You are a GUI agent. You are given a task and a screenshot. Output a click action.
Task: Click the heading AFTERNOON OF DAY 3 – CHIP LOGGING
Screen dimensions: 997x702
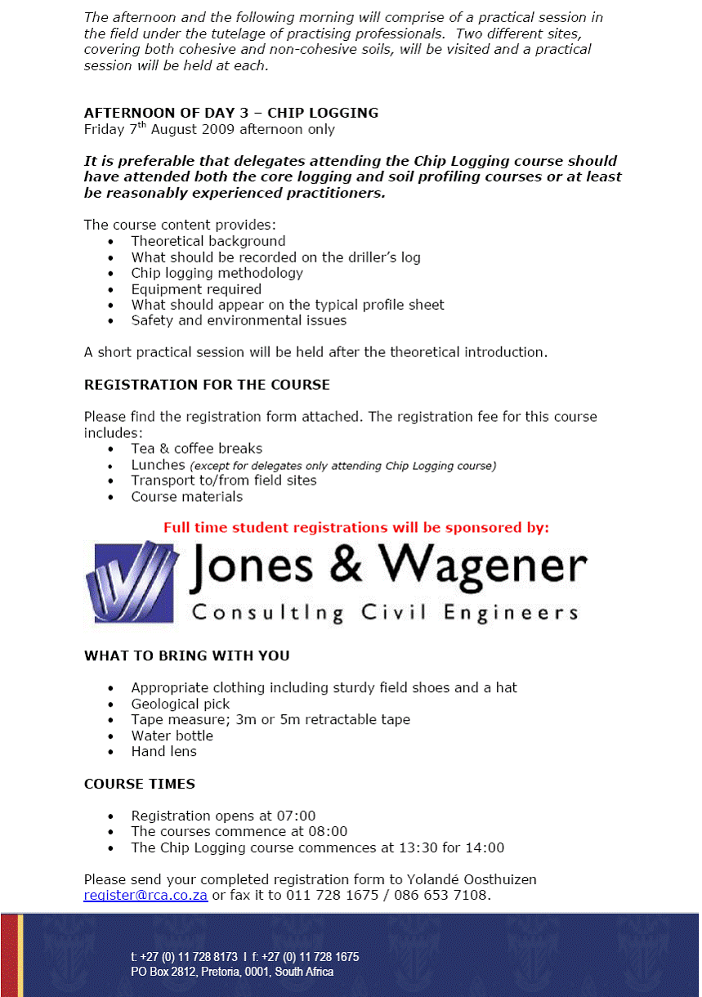pyautogui.click(x=231, y=113)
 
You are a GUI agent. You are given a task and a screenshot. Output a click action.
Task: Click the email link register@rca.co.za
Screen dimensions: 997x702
pyautogui.click(x=145, y=896)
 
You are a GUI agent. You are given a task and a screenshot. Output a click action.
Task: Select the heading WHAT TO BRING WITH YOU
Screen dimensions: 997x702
pyautogui.click(x=186, y=656)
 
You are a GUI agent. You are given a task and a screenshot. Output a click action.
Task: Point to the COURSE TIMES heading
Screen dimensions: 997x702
pyautogui.click(x=139, y=785)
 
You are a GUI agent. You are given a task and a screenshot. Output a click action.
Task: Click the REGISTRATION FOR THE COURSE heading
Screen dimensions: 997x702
pyautogui.click(x=207, y=385)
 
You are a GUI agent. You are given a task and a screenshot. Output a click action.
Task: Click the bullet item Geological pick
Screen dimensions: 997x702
pyautogui.click(x=181, y=704)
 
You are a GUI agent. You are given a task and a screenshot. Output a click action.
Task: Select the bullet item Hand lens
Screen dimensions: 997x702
pyautogui.click(x=163, y=752)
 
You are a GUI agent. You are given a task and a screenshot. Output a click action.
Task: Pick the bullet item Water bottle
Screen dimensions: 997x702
pyautogui.click(x=172, y=736)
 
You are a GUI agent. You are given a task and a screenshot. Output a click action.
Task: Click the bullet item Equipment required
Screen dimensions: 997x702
pyautogui.click(x=196, y=289)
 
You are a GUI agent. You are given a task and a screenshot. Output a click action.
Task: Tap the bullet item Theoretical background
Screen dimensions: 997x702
pyautogui.click(x=208, y=242)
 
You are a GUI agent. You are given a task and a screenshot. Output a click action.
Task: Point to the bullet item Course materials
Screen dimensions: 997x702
pyautogui.click(x=187, y=497)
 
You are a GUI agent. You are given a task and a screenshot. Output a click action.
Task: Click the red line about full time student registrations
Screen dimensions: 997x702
pyautogui.click(x=356, y=528)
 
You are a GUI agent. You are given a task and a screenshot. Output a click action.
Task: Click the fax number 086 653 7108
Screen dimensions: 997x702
pyautogui.click(x=449, y=896)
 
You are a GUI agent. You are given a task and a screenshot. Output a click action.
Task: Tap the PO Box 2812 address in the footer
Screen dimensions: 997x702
pyautogui.click(x=232, y=972)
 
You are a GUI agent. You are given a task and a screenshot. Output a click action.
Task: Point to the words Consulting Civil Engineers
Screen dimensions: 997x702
pyautogui.click(x=384, y=613)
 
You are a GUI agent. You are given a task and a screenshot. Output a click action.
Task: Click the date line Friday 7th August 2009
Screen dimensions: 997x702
pyautogui.click(x=209, y=129)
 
